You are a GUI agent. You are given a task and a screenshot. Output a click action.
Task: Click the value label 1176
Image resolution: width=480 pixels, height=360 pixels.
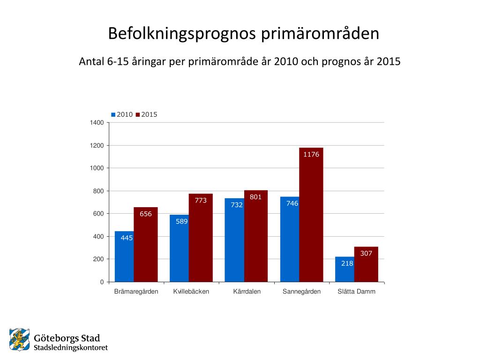[x=311, y=154]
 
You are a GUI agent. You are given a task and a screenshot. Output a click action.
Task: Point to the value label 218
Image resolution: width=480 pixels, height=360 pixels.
[x=347, y=263]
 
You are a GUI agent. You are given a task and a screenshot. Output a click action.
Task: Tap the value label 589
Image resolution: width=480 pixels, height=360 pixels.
[x=182, y=222]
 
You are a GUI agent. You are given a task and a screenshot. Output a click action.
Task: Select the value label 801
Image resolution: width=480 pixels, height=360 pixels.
[x=255, y=197]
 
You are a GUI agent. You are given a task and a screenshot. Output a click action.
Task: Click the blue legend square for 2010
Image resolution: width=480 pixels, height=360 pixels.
[x=113, y=114]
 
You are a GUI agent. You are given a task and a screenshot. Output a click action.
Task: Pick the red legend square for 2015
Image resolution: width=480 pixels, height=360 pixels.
[x=138, y=114]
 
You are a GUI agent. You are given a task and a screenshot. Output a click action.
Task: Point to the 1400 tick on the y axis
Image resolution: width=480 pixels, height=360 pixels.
[x=97, y=123]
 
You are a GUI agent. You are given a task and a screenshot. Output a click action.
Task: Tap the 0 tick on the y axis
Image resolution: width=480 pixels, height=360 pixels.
[x=102, y=282]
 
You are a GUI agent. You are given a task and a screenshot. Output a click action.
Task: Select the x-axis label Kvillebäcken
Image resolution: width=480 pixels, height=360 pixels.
[x=191, y=292]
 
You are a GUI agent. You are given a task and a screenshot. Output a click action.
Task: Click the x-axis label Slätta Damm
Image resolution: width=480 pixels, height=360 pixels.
[x=357, y=292]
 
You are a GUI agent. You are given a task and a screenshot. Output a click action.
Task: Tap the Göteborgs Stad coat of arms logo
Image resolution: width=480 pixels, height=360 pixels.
[x=19, y=340]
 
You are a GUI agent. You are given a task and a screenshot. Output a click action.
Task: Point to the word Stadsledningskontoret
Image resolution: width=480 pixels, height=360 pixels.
[x=71, y=348]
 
